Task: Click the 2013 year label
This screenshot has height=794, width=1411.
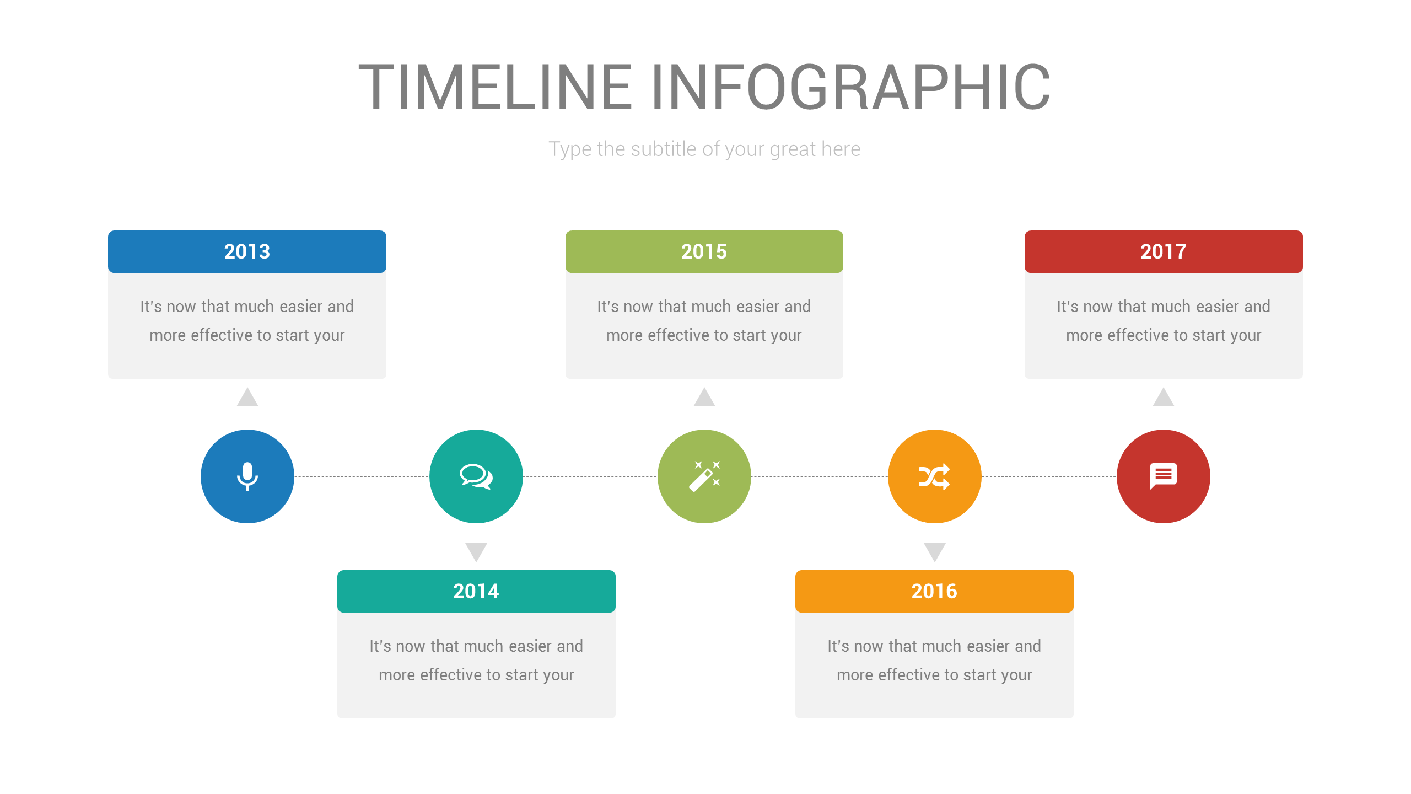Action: tap(247, 251)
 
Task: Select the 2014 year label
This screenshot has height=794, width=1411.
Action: tap(476, 591)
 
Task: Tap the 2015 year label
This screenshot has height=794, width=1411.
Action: tap(704, 251)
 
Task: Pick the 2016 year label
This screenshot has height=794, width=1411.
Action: tap(934, 591)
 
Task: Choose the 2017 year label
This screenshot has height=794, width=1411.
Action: tap(1163, 251)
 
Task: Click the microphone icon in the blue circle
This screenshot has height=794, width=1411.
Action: tap(247, 476)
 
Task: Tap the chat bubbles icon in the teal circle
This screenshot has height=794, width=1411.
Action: tap(476, 476)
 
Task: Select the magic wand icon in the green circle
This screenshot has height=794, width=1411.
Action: tap(704, 476)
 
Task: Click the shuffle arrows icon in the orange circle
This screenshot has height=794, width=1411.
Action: tap(935, 476)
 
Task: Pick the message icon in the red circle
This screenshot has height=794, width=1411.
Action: tap(1163, 476)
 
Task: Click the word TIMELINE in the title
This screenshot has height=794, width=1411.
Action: tap(496, 87)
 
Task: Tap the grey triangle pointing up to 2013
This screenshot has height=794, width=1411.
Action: tap(247, 398)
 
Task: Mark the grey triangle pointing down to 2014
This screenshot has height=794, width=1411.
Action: tap(476, 551)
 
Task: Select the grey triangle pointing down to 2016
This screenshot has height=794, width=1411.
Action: tap(935, 551)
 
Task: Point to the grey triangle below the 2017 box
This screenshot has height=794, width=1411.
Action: tap(1163, 398)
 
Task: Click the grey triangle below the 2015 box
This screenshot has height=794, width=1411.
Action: tap(704, 398)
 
